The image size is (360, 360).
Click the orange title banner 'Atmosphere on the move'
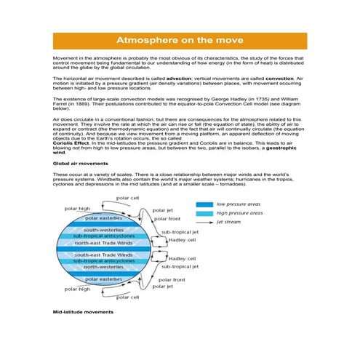[x=180, y=41]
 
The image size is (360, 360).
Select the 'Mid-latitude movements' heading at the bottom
[x=84, y=311]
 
